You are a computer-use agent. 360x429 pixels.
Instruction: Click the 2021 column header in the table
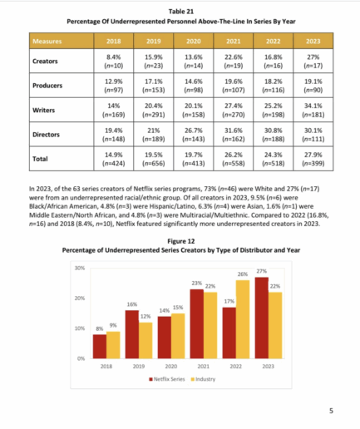pyautogui.click(x=234, y=42)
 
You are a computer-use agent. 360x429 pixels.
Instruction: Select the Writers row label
pyautogui.click(x=44, y=110)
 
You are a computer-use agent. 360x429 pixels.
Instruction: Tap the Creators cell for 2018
pyautogui.click(x=114, y=62)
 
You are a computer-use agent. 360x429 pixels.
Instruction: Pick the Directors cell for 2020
pyautogui.click(x=194, y=135)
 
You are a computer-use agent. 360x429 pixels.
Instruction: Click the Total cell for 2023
pyautogui.click(x=313, y=159)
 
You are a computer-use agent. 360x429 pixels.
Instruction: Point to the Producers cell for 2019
pyautogui.click(x=154, y=86)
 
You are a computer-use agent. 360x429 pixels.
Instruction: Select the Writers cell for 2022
pyautogui.click(x=274, y=110)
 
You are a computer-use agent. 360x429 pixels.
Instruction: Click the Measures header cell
pyautogui.click(x=62, y=42)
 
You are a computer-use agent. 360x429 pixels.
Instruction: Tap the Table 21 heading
pyautogui.click(x=181, y=12)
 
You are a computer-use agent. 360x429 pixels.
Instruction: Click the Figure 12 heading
pyautogui.click(x=181, y=241)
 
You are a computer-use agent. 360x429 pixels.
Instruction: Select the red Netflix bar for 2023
pyautogui.click(x=262, y=318)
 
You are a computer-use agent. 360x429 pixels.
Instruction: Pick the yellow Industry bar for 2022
pyautogui.click(x=243, y=319)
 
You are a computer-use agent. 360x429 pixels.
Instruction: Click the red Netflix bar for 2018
pyautogui.click(x=100, y=347)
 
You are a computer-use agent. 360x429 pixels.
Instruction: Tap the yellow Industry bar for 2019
pyautogui.click(x=145, y=341)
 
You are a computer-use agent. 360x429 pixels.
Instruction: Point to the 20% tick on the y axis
pyautogui.click(x=80, y=298)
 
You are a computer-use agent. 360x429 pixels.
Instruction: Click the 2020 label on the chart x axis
pyautogui.click(x=171, y=367)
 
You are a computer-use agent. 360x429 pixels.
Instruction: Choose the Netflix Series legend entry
pyautogui.click(x=167, y=379)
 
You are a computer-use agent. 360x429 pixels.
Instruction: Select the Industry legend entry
pyautogui.click(x=203, y=379)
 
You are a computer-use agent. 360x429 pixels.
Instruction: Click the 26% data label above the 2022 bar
pyautogui.click(x=243, y=274)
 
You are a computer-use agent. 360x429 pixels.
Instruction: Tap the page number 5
pyautogui.click(x=331, y=411)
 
